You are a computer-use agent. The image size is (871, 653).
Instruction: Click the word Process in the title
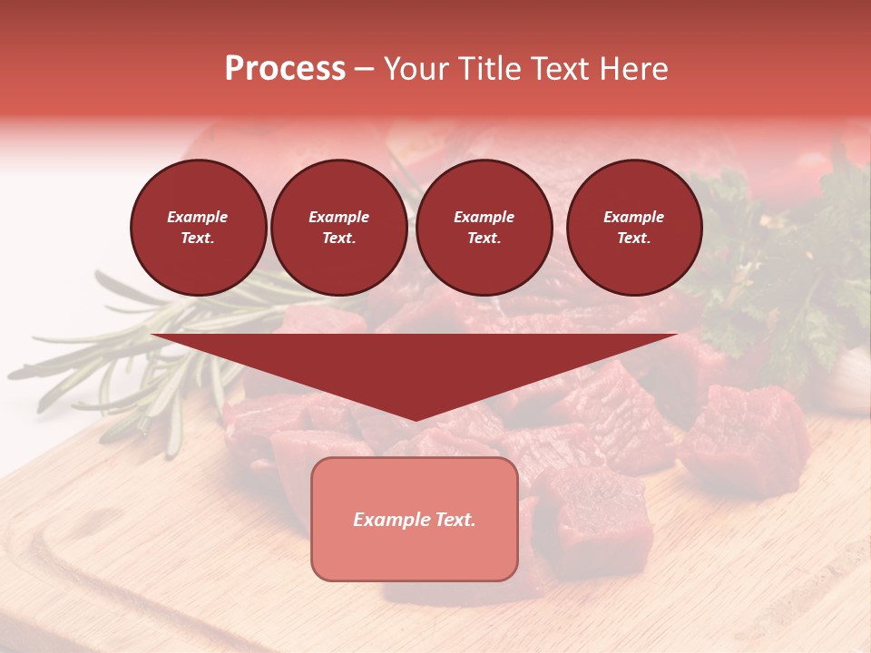coord(285,69)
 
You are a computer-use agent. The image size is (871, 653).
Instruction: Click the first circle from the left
coord(199,228)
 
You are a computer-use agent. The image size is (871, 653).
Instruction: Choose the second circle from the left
coord(339,228)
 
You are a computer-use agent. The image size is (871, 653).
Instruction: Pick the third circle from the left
coord(484,228)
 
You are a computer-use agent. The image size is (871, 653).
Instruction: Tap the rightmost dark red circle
coord(634,228)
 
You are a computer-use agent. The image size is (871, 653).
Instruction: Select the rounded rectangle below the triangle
coord(415,519)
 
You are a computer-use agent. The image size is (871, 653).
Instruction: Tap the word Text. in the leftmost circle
coord(198,239)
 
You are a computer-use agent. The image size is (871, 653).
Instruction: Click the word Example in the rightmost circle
coord(634,217)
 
